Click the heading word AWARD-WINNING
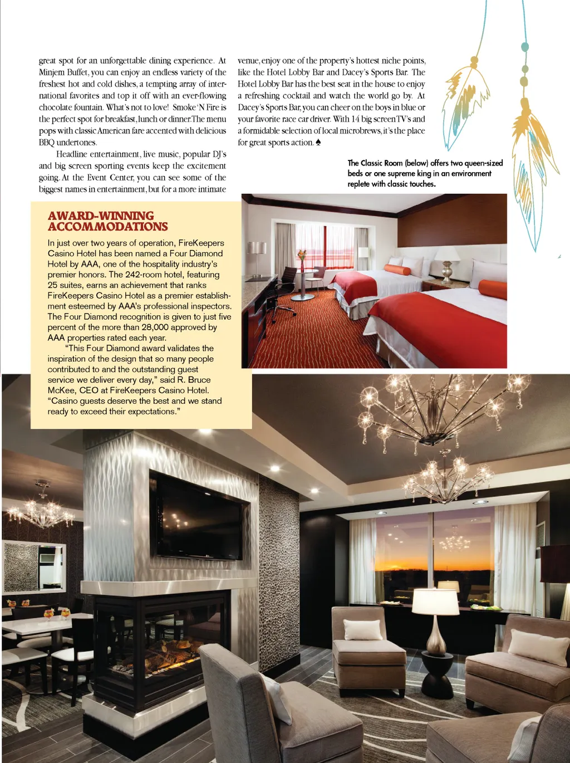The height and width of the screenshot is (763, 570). [x=101, y=216]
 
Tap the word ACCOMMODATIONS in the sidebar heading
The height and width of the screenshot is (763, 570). [x=107, y=227]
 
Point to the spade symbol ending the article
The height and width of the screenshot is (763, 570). [x=318, y=143]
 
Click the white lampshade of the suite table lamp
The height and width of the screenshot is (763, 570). [x=435, y=601]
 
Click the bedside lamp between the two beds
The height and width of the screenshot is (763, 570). [x=446, y=262]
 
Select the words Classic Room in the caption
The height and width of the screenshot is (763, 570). [x=381, y=163]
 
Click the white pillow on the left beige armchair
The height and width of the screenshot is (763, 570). [x=363, y=629]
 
